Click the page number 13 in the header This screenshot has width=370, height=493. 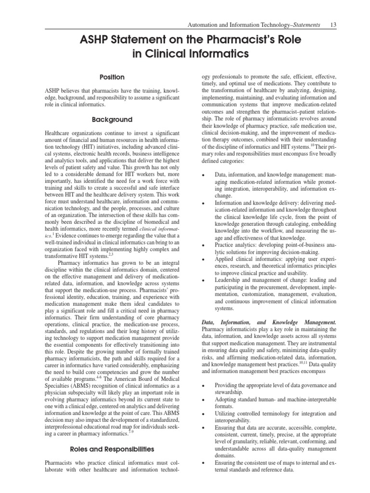(332, 25)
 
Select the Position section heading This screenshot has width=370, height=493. (112, 77)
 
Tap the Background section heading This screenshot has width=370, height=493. (112, 119)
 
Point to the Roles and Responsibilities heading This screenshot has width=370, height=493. (112, 449)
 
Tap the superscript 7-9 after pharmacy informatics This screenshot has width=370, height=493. (131, 431)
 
